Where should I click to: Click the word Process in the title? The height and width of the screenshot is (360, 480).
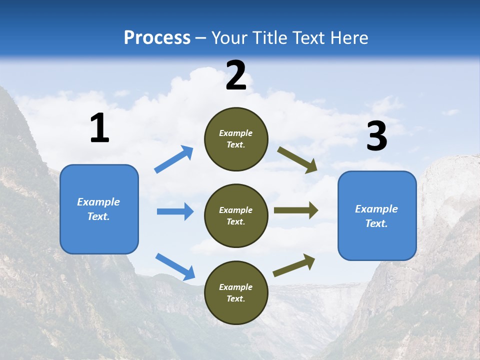tap(157, 37)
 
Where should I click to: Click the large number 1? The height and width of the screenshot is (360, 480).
tap(100, 127)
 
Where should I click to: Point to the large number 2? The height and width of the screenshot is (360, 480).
tap(236, 75)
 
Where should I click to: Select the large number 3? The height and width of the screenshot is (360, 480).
tap(377, 135)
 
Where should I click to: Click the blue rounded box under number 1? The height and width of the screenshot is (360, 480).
tap(99, 209)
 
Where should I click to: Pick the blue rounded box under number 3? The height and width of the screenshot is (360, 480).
tap(377, 216)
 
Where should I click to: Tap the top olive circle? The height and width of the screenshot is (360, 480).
tap(236, 139)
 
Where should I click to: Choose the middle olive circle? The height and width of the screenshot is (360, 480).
tap(236, 216)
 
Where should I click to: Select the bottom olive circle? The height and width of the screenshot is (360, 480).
tap(236, 292)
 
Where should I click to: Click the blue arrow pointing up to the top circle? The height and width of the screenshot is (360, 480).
tap(173, 159)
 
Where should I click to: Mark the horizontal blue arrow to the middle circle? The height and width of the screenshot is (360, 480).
tap(175, 211)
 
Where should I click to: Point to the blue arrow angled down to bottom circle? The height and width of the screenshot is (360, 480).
tap(175, 267)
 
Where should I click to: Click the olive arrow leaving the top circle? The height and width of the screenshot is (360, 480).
tap(297, 160)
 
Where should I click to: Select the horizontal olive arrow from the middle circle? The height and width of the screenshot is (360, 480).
tap(296, 210)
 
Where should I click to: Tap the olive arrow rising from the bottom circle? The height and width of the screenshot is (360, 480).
tap(294, 265)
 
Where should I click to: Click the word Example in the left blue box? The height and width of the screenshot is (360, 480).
tap(98, 202)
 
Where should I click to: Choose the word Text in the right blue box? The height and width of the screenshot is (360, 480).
tap(376, 223)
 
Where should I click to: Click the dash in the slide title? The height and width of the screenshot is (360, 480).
tap(201, 38)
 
